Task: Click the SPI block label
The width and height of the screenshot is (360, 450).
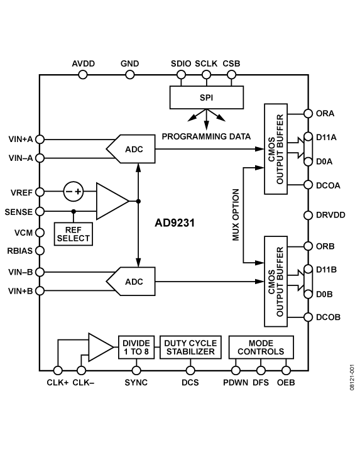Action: click(x=207, y=97)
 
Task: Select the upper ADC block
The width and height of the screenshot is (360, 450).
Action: click(x=132, y=149)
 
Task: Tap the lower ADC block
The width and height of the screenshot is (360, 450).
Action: click(x=132, y=282)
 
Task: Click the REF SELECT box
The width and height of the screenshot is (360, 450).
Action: click(x=74, y=234)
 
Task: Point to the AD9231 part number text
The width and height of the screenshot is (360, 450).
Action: click(x=175, y=222)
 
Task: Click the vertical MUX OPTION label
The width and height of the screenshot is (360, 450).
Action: click(x=236, y=214)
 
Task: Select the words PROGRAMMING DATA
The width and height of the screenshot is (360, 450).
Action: click(x=206, y=136)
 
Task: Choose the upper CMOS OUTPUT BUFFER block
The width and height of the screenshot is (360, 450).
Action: click(x=276, y=149)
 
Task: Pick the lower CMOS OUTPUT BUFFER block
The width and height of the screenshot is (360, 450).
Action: click(x=276, y=281)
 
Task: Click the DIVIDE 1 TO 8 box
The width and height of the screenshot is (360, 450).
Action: click(x=136, y=348)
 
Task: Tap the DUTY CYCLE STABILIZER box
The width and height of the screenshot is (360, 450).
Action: click(x=190, y=348)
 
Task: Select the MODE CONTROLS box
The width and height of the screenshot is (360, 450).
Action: click(x=261, y=348)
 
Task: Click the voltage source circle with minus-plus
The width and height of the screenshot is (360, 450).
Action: click(x=74, y=191)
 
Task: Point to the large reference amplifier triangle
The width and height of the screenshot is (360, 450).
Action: click(x=111, y=201)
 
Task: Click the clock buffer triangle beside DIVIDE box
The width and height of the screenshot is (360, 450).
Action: click(x=99, y=348)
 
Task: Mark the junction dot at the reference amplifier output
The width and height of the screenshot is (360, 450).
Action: click(x=138, y=201)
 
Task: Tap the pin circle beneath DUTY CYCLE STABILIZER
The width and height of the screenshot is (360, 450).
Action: click(x=190, y=370)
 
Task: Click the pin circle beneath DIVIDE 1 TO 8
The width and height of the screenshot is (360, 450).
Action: click(x=136, y=370)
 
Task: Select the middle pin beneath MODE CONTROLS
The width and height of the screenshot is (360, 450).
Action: click(x=261, y=370)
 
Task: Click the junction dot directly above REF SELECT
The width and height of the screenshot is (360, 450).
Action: click(x=74, y=211)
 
